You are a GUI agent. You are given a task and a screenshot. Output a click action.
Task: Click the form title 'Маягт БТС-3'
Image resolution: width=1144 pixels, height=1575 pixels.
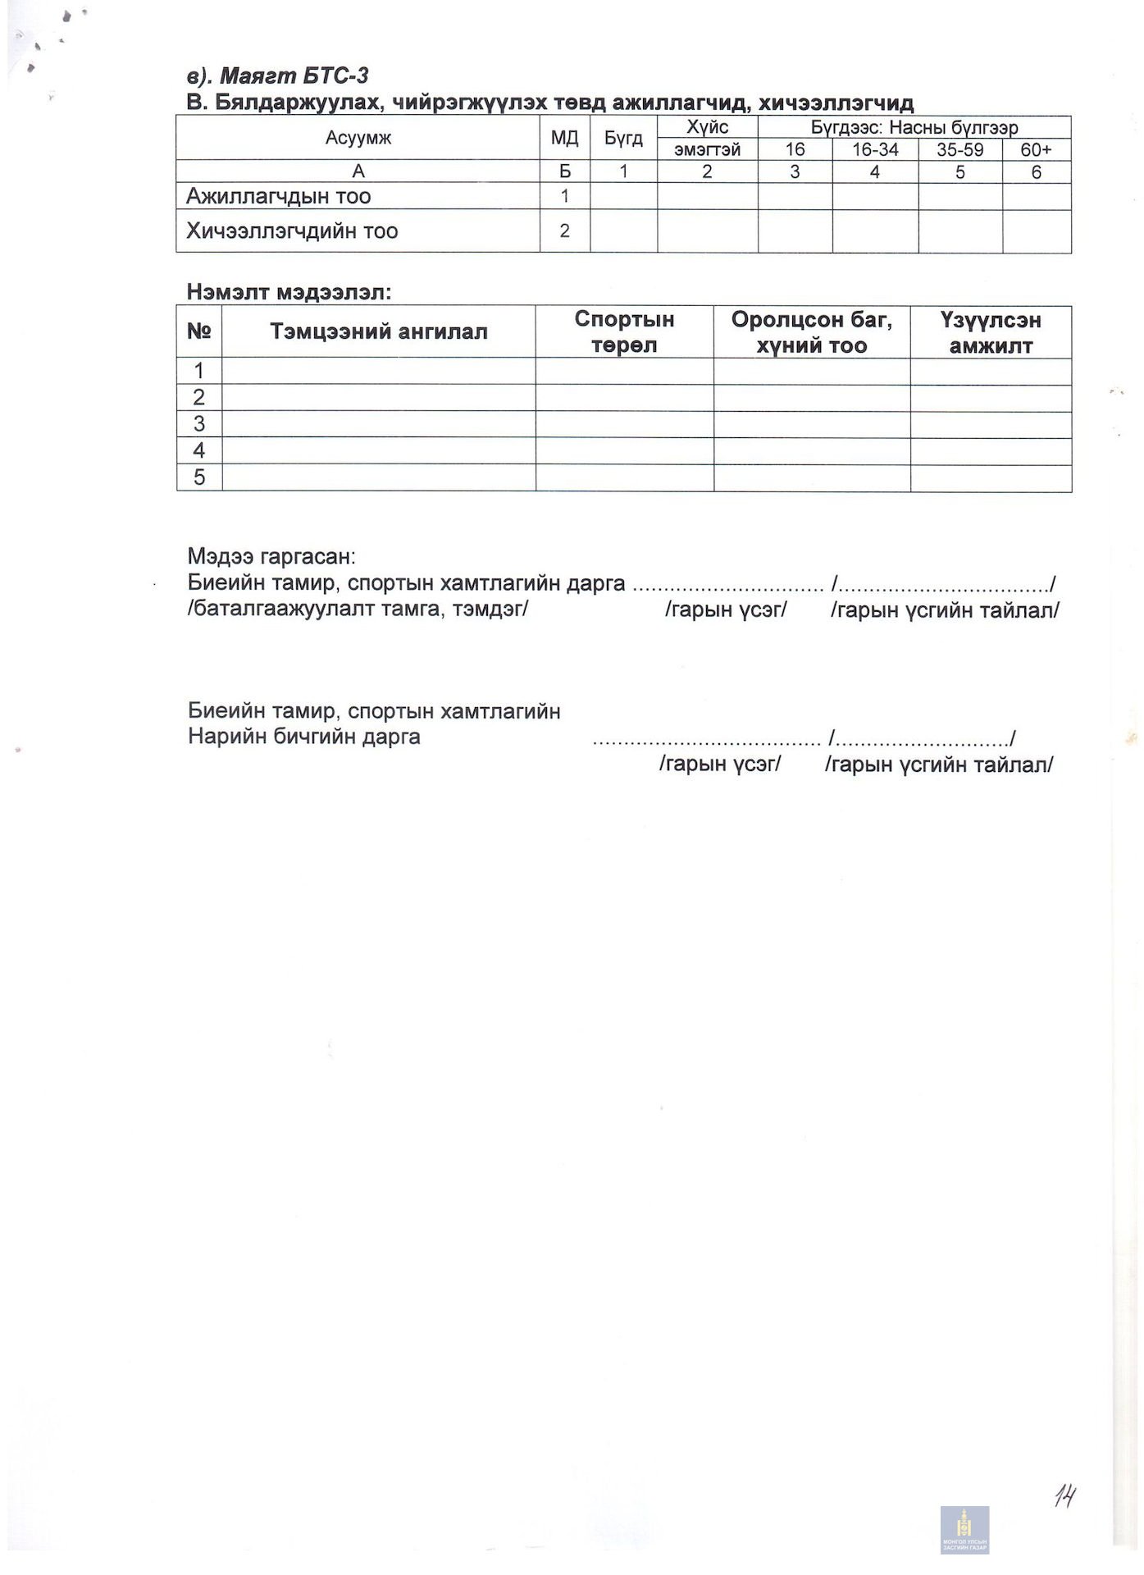click(294, 76)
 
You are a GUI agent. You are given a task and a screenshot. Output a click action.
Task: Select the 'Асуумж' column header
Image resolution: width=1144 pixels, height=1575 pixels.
click(358, 138)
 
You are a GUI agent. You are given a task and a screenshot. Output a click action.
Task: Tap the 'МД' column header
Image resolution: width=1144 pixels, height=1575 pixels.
click(564, 138)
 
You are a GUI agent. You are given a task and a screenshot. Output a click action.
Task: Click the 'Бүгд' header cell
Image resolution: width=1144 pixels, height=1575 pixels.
click(623, 138)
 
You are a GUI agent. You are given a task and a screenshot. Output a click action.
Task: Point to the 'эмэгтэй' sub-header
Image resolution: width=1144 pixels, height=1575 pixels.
click(707, 149)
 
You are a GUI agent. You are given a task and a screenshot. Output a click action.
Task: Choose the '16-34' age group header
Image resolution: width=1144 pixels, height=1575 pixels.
click(875, 149)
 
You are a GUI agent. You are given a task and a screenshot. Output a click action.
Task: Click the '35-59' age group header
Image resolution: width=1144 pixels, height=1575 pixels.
click(959, 149)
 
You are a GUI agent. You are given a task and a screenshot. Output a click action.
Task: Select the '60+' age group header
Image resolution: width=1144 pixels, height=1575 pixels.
click(1036, 149)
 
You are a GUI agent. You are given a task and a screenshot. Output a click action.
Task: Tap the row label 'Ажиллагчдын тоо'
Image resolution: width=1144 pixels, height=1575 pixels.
click(279, 196)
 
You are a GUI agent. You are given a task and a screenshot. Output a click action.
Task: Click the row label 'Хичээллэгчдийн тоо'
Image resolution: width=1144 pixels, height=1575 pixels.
click(292, 231)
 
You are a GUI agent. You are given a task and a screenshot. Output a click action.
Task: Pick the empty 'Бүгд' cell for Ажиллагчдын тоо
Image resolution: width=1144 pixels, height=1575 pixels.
click(623, 196)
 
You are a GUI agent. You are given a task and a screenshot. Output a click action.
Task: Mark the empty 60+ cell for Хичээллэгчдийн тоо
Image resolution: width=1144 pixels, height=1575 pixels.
click(1037, 231)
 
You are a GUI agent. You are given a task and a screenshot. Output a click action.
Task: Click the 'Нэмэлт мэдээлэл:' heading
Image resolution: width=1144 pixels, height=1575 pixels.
click(289, 291)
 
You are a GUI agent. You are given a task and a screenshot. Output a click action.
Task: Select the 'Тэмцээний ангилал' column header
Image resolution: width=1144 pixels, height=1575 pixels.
click(378, 331)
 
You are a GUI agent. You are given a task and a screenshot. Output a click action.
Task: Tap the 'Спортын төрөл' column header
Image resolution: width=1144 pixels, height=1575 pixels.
click(624, 331)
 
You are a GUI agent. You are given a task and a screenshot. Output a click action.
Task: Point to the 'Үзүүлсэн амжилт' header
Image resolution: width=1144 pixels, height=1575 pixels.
click(991, 331)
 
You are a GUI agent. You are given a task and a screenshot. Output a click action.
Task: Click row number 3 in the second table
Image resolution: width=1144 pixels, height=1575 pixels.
click(198, 424)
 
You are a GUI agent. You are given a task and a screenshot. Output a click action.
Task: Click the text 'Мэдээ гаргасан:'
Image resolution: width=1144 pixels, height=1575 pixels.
click(271, 556)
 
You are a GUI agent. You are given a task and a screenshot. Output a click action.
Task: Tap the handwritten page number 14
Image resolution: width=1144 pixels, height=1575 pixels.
click(1064, 1495)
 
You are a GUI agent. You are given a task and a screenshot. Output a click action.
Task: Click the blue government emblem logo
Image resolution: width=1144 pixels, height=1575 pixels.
click(964, 1529)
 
